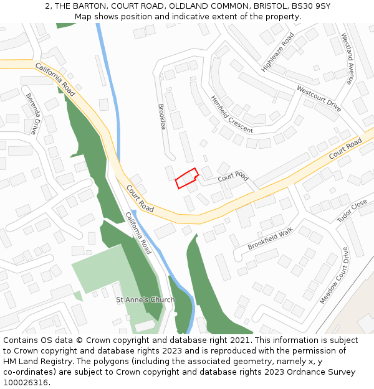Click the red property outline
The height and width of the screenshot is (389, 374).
tap(186, 179)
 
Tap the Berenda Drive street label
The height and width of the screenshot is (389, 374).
tap(32, 114)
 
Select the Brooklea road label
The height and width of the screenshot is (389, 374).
tap(163, 116)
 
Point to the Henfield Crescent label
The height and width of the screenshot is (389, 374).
tap(231, 115)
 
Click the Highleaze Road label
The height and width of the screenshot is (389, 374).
tap(277, 52)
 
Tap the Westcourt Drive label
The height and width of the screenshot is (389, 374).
tap(319, 98)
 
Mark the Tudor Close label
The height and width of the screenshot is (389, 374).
tap(352, 211)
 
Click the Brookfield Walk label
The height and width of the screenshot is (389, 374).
tap(270, 238)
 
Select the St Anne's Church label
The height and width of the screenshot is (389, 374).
tap(145, 300)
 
